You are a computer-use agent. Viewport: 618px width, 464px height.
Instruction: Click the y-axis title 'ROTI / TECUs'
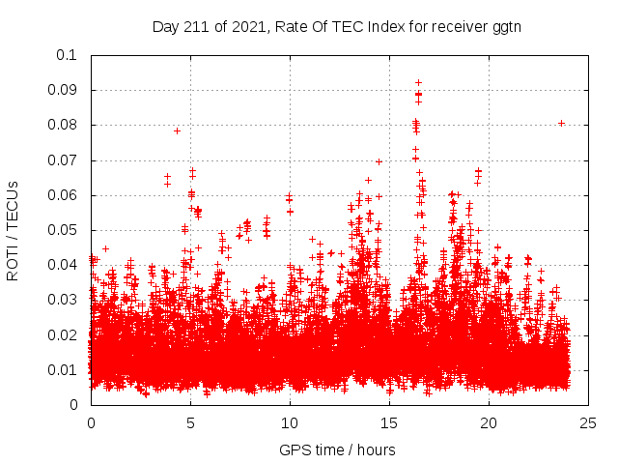(13, 230)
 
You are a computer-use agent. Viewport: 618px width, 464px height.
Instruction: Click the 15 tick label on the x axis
(389, 422)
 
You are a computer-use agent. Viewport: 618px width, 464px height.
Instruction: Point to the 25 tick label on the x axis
(588, 422)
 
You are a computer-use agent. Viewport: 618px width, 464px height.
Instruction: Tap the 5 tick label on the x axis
(190, 422)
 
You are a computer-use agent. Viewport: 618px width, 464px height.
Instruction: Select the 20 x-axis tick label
(489, 422)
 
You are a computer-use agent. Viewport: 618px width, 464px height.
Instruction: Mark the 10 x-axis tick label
(290, 422)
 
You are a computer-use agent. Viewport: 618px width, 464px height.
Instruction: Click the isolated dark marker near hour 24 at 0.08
(561, 123)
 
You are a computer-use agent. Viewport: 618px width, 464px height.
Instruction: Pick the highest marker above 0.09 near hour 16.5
(418, 82)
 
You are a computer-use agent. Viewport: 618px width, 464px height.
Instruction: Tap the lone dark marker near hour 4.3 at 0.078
(177, 130)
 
